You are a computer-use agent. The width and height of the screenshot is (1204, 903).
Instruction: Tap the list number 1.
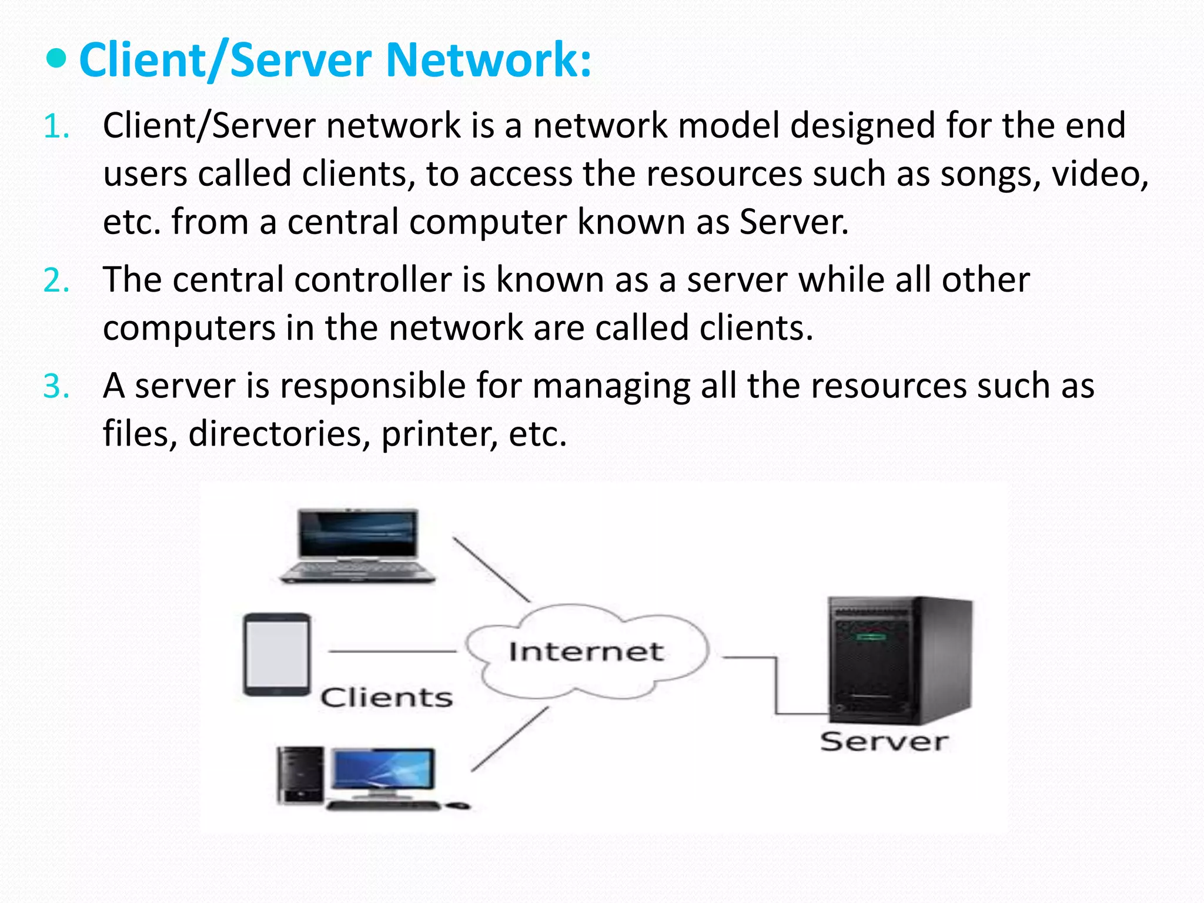pyautogui.click(x=56, y=126)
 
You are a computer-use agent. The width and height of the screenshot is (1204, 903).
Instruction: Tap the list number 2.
pyautogui.click(x=56, y=280)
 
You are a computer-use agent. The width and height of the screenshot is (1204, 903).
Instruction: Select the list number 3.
pyautogui.click(x=56, y=387)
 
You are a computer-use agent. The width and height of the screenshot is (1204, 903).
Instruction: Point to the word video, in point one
pyautogui.click(x=1099, y=175)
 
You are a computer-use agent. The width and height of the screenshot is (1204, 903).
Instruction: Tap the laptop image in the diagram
pyautogui.click(x=357, y=546)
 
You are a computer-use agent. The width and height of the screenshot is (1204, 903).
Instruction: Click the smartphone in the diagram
pyautogui.click(x=277, y=654)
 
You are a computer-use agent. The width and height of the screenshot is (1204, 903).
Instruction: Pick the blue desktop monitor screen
pyautogui.click(x=384, y=769)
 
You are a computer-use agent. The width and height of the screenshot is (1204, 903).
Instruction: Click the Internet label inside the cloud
pyautogui.click(x=586, y=651)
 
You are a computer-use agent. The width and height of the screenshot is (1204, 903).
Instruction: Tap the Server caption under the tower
pyautogui.click(x=884, y=741)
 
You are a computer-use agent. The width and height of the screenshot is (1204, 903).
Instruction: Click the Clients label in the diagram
pyautogui.click(x=386, y=698)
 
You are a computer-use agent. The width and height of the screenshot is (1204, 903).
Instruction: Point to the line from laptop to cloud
pyautogui.click(x=491, y=569)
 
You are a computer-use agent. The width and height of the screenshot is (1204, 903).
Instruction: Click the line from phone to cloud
pyautogui.click(x=392, y=651)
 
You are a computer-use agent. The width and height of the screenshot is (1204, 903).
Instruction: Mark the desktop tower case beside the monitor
pyautogui.click(x=300, y=775)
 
